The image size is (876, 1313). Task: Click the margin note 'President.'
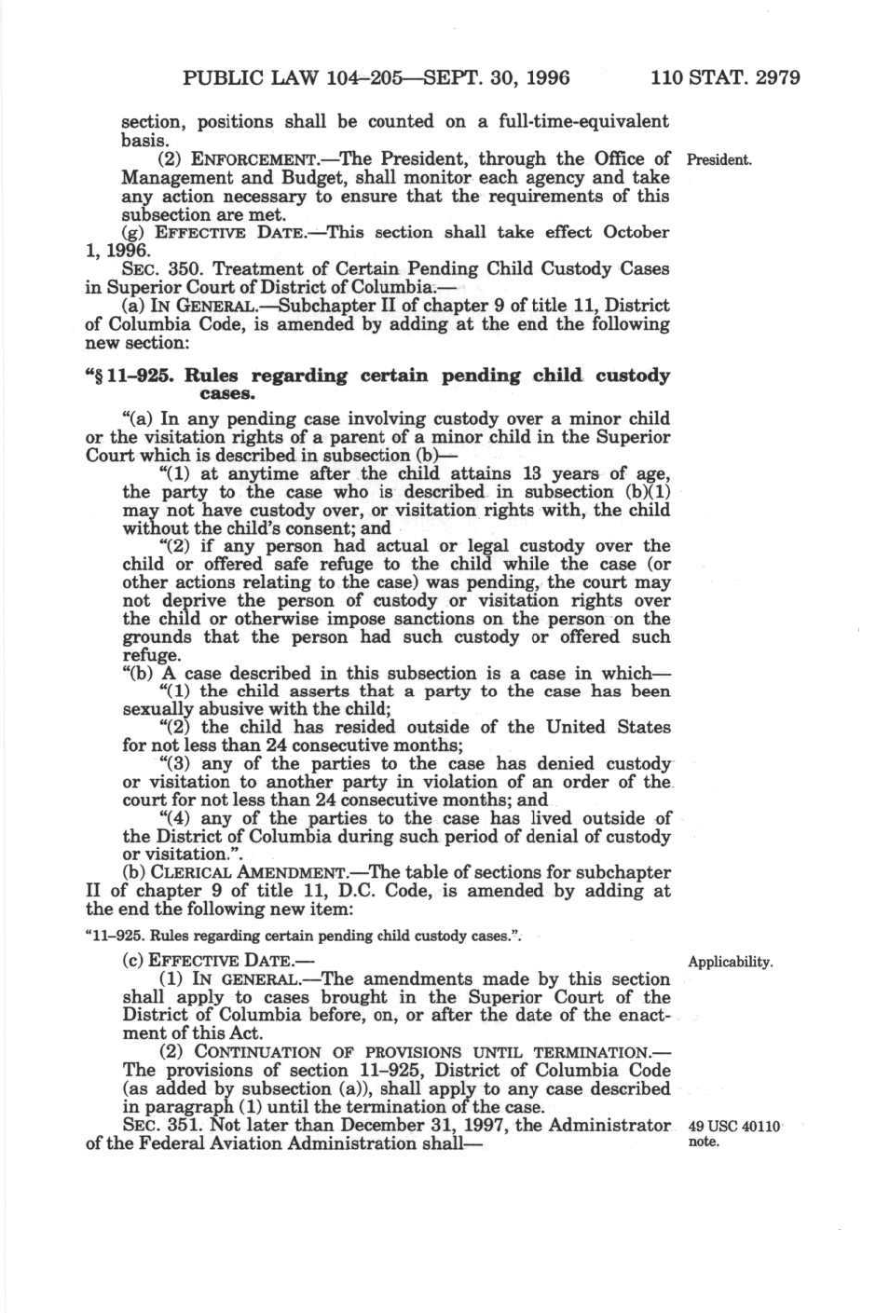pos(719,159)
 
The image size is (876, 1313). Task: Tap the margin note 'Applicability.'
pos(730,962)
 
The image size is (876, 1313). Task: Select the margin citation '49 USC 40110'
pos(733,1128)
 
